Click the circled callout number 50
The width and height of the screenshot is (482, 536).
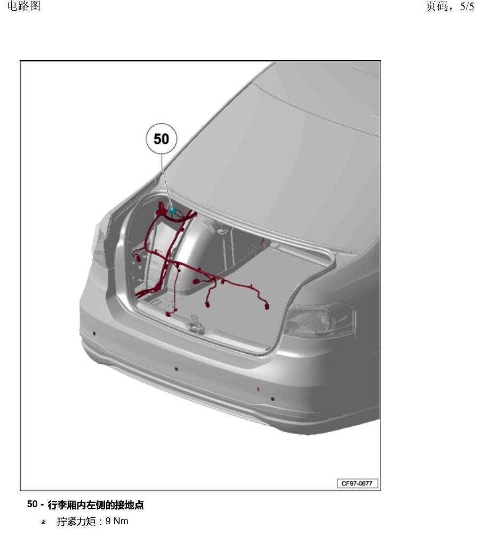161,139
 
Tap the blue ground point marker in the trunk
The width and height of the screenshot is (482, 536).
172,210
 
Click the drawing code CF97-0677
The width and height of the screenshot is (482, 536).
357,483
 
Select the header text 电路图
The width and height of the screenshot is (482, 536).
23,6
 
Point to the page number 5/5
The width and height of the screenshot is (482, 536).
467,6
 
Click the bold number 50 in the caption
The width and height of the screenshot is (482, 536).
32,504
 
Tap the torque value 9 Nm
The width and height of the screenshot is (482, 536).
117,521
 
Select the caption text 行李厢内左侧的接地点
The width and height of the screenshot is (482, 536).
96,505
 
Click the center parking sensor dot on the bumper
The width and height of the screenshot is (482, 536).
176,369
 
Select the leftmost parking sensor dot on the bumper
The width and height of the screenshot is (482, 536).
94,334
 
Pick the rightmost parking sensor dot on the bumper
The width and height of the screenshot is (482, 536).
272,399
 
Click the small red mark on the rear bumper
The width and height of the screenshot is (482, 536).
258,388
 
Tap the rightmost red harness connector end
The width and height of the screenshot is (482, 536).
266,306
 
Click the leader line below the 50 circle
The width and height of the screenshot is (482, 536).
166,181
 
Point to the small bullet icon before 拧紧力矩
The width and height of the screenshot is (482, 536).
43,522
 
